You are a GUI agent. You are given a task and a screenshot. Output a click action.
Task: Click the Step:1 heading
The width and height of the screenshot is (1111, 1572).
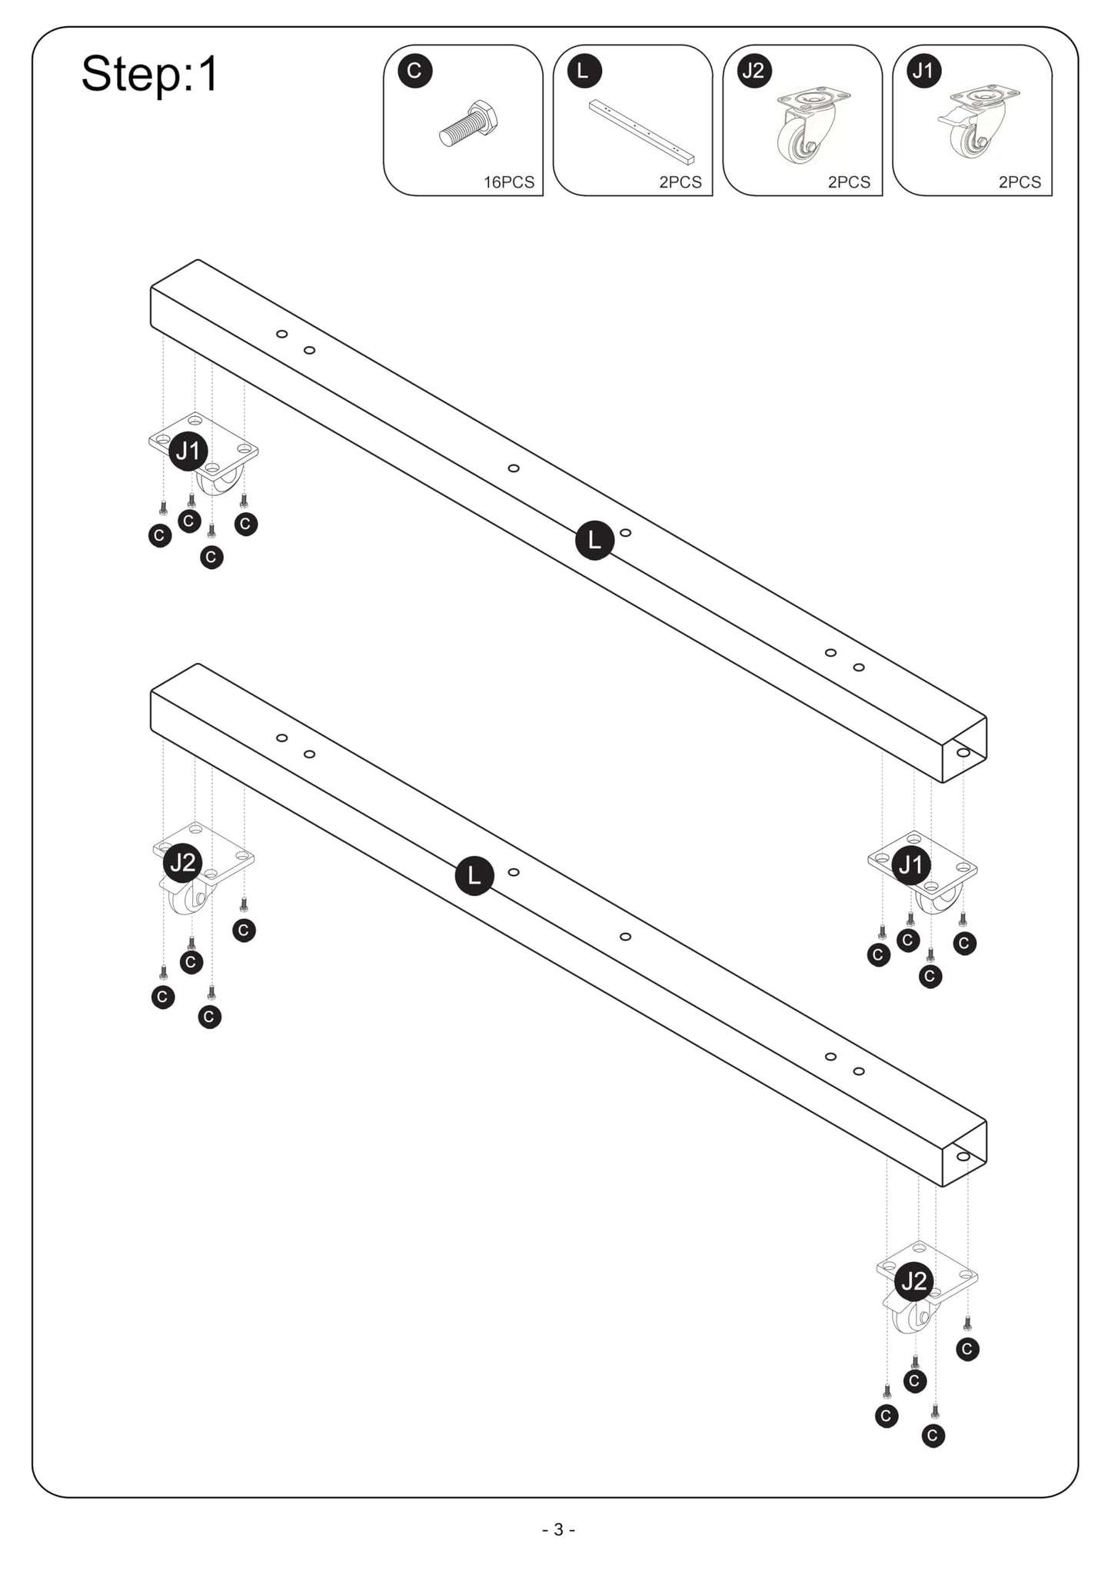150,75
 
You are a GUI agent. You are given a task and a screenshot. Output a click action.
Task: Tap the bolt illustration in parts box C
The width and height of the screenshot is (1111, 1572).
469,123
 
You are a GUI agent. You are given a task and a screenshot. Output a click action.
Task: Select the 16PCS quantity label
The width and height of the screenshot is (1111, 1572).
508,182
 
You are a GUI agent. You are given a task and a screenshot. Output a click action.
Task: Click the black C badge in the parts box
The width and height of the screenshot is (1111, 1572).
414,71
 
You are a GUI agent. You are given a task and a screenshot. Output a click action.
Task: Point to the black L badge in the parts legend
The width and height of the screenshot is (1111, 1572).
584,71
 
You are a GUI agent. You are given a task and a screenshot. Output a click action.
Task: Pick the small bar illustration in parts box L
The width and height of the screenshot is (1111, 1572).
641,132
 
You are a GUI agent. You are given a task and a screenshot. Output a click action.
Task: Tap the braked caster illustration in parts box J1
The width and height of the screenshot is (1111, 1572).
978,123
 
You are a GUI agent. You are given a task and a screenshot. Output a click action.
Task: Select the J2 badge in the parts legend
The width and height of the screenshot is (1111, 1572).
754,71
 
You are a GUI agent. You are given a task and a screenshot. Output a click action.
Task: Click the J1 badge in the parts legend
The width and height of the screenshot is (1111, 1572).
924,71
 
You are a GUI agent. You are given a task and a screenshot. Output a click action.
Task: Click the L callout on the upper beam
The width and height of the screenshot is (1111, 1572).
594,540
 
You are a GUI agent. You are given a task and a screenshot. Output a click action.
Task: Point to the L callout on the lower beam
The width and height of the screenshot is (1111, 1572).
474,876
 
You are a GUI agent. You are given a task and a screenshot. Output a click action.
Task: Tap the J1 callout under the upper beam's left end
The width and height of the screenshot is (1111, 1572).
188,451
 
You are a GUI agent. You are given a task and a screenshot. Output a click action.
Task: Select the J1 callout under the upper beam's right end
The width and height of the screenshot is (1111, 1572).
911,865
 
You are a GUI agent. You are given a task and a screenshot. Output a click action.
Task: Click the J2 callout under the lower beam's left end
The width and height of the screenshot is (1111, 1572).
183,863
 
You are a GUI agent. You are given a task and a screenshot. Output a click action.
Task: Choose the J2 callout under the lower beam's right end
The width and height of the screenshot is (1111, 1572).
914,1281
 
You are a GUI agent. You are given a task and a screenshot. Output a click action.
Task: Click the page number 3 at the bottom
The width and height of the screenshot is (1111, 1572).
559,1530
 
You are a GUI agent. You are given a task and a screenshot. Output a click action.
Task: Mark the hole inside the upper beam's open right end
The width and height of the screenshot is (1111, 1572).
963,752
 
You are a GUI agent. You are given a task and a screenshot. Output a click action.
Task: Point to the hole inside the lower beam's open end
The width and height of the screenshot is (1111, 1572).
963,1156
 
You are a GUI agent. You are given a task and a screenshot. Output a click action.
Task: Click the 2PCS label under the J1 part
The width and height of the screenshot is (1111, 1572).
1020,182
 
